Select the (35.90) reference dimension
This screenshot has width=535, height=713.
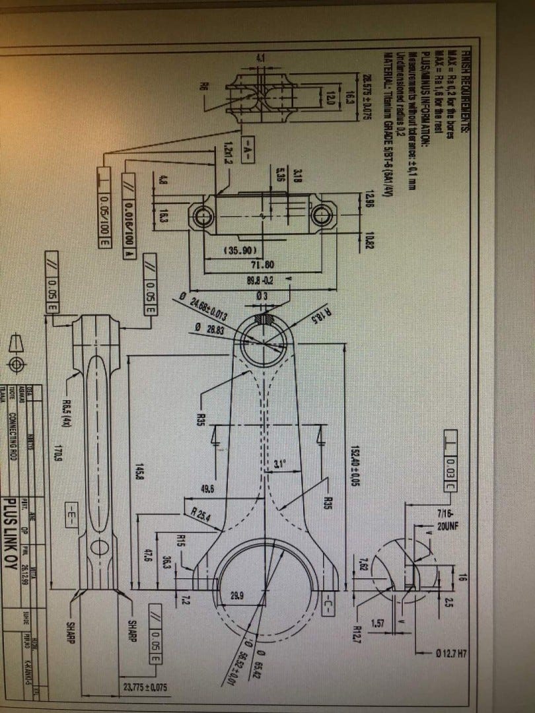click(x=236, y=251)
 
